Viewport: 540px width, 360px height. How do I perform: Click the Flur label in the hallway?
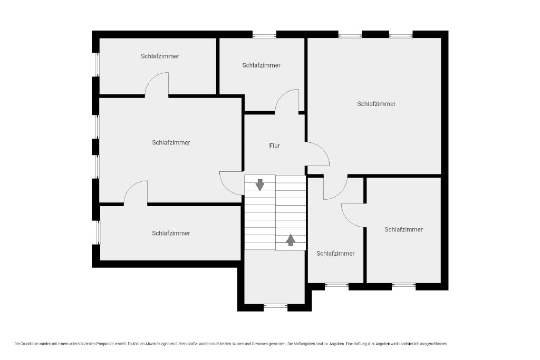coord(274,145)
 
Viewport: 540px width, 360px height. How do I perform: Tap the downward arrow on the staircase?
coord(260,185)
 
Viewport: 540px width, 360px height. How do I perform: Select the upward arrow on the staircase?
coord(291,240)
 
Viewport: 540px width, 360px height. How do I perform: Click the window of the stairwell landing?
coord(275,305)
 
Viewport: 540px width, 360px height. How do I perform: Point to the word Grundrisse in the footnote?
coord(30,344)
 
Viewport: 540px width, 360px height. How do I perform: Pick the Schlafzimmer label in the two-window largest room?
coord(376,104)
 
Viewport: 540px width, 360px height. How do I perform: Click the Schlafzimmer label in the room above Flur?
coord(262,65)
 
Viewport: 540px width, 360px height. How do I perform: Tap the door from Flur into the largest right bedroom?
coord(317,154)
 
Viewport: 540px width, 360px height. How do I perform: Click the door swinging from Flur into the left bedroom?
coord(232,183)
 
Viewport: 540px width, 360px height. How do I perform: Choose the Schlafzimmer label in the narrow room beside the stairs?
coord(335,254)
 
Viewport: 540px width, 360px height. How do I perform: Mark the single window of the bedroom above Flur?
coord(264,34)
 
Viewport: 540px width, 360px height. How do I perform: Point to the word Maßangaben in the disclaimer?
coord(303,344)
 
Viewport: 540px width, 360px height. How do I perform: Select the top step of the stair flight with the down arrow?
coord(260,179)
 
